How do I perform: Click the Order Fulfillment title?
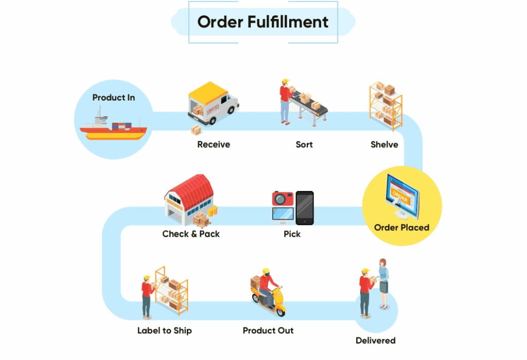pyautogui.click(x=263, y=22)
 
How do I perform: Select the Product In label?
pyautogui.click(x=113, y=97)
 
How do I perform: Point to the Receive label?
pyautogui.click(x=214, y=145)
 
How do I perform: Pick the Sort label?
pyautogui.click(x=304, y=145)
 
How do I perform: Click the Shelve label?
pyautogui.click(x=384, y=145)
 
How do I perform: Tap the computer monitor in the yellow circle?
pyautogui.click(x=402, y=195)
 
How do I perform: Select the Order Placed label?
pyautogui.click(x=401, y=227)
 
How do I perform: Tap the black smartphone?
pyautogui.click(x=304, y=208)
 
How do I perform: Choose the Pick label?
pyautogui.click(x=292, y=234)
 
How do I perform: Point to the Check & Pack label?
pyautogui.click(x=191, y=234)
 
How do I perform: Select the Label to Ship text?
pyautogui.click(x=164, y=331)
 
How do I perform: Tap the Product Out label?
pyautogui.click(x=268, y=331)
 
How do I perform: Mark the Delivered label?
pyautogui.click(x=376, y=340)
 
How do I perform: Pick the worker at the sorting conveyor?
pyautogui.click(x=285, y=101)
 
